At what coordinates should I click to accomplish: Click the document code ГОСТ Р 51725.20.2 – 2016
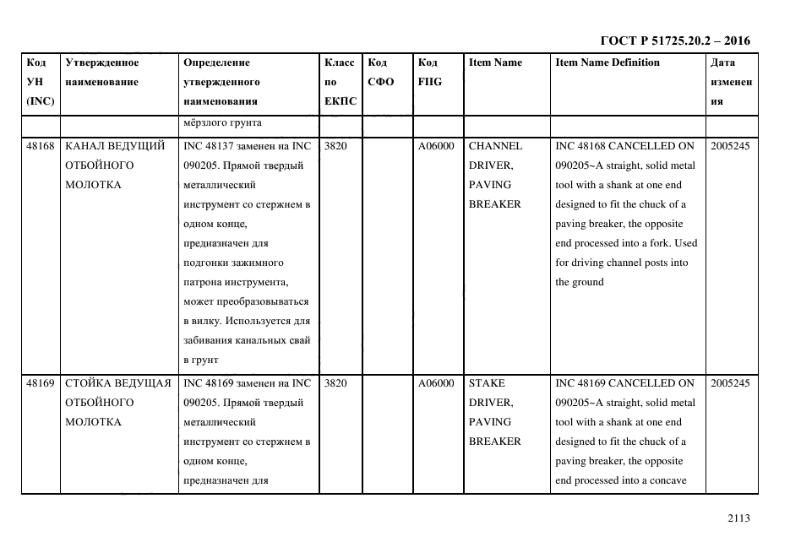pyautogui.click(x=674, y=41)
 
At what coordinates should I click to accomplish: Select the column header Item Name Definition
pyautogui.click(x=607, y=62)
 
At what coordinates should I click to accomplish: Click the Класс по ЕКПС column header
pyautogui.click(x=340, y=82)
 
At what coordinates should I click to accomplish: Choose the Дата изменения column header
pyautogui.click(x=731, y=82)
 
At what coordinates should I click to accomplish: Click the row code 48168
pyautogui.click(x=41, y=146)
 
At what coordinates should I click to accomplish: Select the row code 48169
pyautogui.click(x=41, y=383)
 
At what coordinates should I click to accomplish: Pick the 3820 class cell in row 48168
pyautogui.click(x=335, y=146)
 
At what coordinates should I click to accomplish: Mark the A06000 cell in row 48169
pyautogui.click(x=436, y=383)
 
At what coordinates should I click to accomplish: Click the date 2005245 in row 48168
pyautogui.click(x=730, y=146)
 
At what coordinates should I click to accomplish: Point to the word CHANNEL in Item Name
pyautogui.click(x=495, y=146)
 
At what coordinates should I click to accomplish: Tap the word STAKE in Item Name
pyautogui.click(x=487, y=383)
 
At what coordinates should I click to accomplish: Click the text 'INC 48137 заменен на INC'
pyautogui.click(x=247, y=146)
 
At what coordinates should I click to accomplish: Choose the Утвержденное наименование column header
pyautogui.click(x=101, y=72)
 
